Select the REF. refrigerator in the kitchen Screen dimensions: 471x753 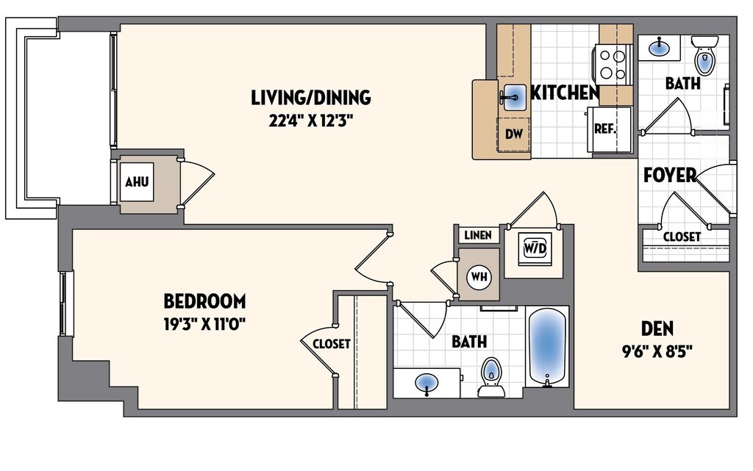tap(606, 129)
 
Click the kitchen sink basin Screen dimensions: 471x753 tap(514, 96)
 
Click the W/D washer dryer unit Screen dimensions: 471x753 tap(535, 248)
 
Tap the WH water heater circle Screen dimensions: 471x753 tap(479, 276)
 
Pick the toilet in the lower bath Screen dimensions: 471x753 tap(490, 375)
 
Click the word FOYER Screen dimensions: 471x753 tap(669, 176)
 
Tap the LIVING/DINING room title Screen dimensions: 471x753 tap(310, 97)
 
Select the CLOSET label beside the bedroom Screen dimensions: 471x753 tap(331, 343)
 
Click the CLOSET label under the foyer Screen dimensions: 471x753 tap(682, 237)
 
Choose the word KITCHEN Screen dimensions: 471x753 tap(564, 93)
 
